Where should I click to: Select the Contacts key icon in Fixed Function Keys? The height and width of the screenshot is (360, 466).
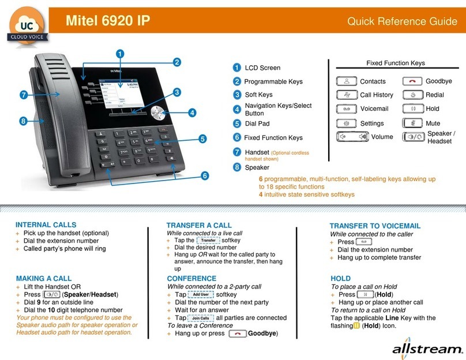pyautogui.click(x=346, y=81)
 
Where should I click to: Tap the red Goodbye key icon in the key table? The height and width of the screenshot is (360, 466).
pyautogui.click(x=412, y=81)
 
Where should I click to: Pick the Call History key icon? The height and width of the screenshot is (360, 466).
pyautogui.click(x=346, y=95)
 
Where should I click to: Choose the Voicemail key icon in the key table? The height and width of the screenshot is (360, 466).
pyautogui.click(x=346, y=108)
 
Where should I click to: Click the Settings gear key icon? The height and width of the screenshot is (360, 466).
pyautogui.click(x=346, y=123)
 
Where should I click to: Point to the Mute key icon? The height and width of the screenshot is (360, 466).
pyautogui.click(x=412, y=123)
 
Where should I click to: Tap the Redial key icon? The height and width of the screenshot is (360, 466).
pyautogui.click(x=412, y=95)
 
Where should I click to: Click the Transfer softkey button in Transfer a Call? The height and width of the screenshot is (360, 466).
pyautogui.click(x=208, y=241)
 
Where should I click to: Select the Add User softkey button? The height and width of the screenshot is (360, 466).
pyautogui.click(x=201, y=294)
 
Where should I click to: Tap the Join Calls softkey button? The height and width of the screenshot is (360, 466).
pyautogui.click(x=201, y=318)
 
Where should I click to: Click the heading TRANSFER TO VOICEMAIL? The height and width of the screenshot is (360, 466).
pyautogui.click(x=375, y=226)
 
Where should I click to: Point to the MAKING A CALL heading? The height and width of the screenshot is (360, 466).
pyautogui.click(x=44, y=278)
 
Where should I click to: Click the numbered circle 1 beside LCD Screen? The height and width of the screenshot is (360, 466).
pyautogui.click(x=237, y=67)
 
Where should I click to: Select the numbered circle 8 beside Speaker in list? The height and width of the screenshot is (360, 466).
pyautogui.click(x=237, y=167)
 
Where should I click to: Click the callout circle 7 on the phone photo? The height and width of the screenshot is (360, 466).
pyautogui.click(x=23, y=94)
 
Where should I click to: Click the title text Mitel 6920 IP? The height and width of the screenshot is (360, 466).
pyautogui.click(x=108, y=22)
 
